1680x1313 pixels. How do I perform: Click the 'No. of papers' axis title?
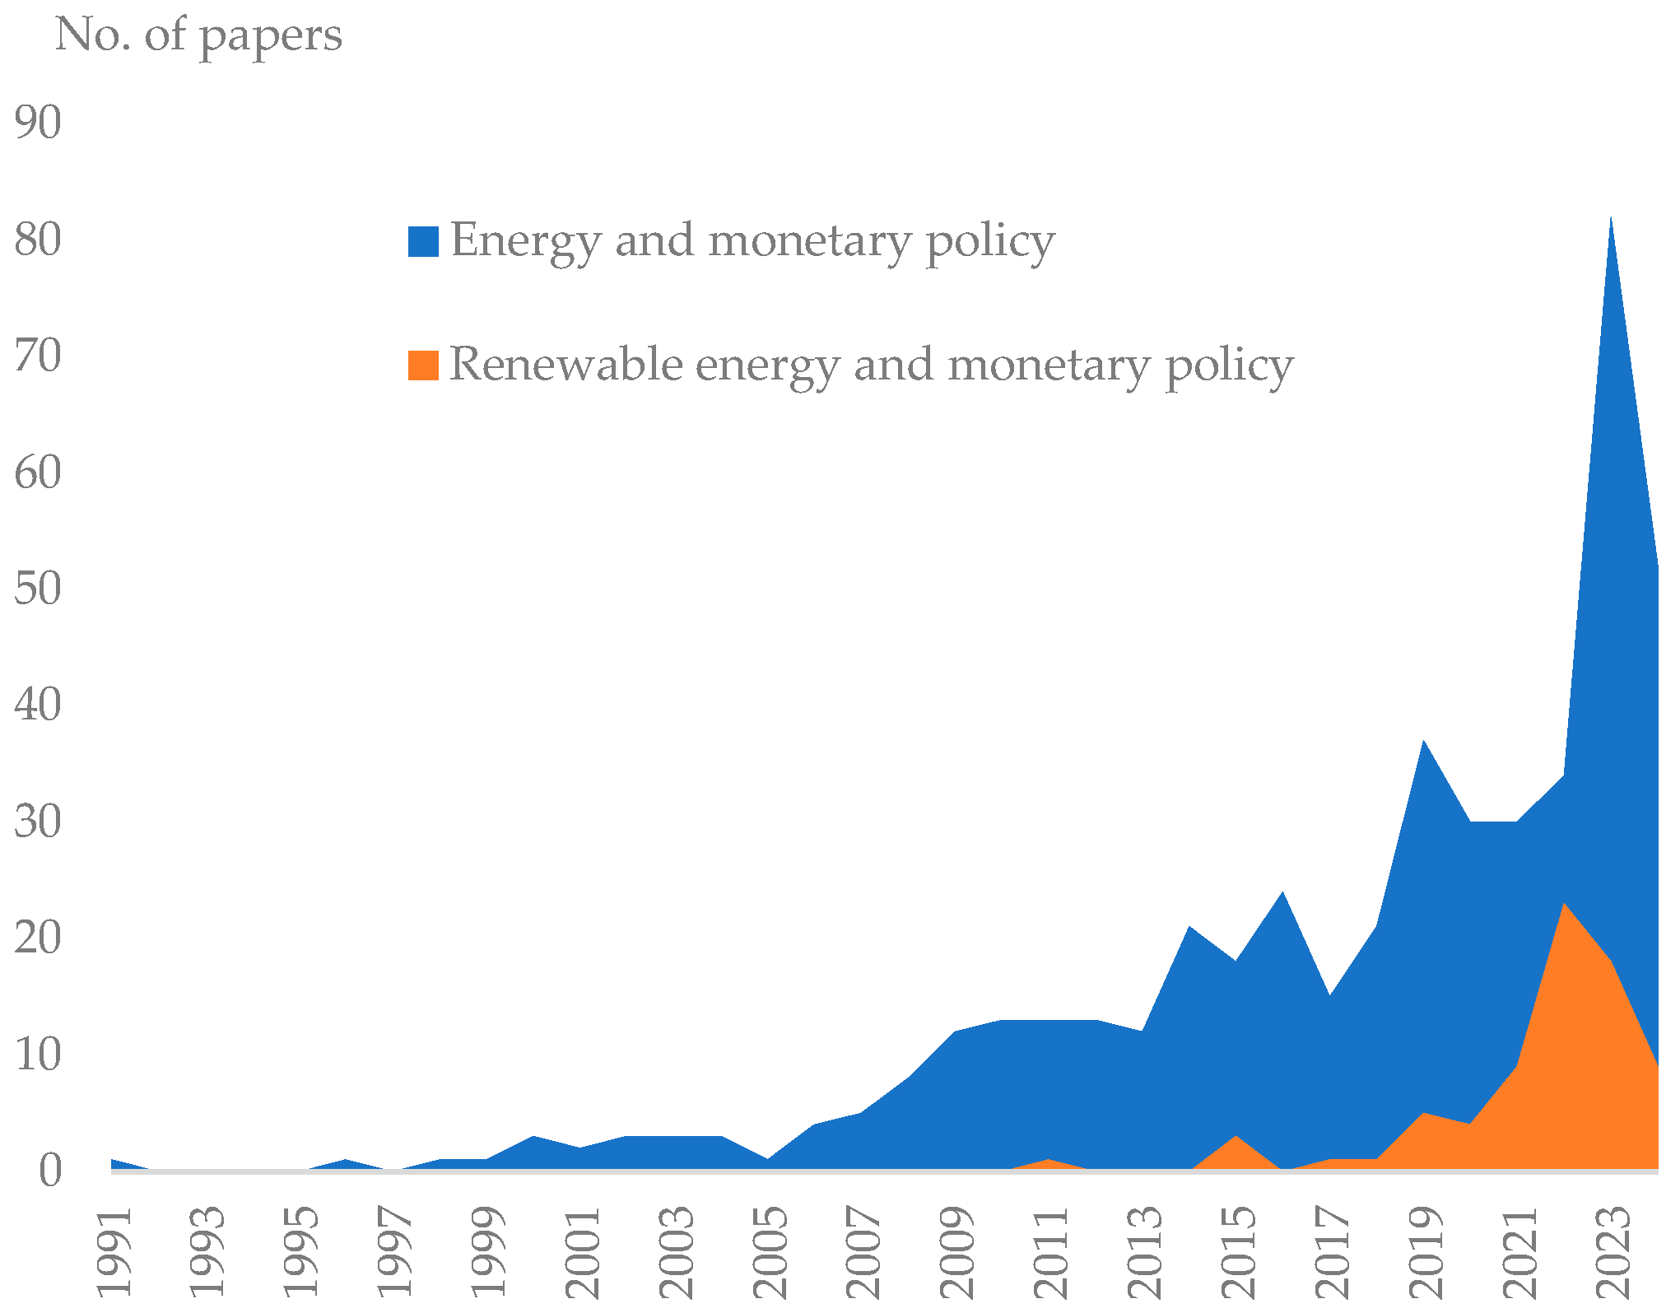click(198, 36)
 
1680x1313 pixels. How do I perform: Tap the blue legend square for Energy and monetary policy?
click(423, 242)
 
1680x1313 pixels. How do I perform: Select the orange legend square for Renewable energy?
click(423, 365)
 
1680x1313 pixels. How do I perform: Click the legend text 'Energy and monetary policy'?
click(752, 241)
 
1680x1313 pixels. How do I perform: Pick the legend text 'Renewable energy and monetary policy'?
click(871, 365)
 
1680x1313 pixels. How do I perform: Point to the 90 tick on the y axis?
click(38, 123)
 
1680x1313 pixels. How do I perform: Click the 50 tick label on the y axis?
click(38, 589)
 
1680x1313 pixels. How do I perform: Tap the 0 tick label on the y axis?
click(49, 1171)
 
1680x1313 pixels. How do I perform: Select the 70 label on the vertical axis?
click(38, 356)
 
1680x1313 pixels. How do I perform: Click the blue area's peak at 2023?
click(1610, 219)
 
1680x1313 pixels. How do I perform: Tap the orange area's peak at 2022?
click(1563, 904)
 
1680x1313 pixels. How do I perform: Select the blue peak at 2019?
click(1423, 742)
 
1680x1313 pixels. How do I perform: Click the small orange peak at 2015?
click(1236, 1137)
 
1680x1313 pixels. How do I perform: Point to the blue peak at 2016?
click(1282, 893)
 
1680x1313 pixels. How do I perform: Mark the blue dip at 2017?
click(1329, 996)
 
